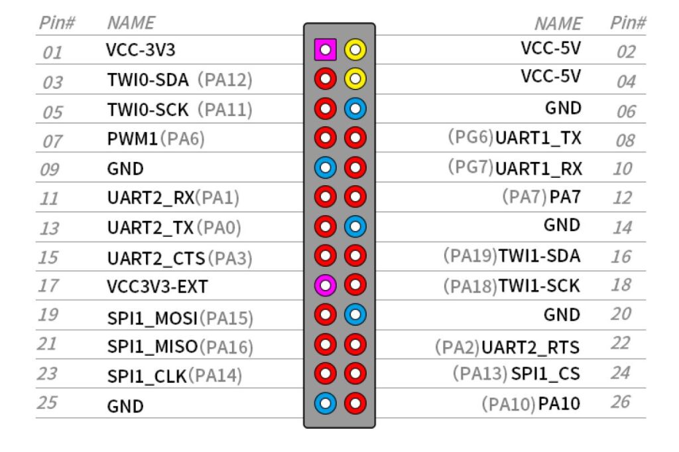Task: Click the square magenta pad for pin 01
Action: click(x=325, y=49)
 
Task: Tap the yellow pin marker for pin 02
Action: click(x=355, y=49)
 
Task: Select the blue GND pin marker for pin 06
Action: click(x=355, y=108)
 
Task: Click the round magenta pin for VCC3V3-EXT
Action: click(x=325, y=285)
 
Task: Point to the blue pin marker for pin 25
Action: click(x=325, y=403)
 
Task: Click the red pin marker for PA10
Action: click(x=355, y=403)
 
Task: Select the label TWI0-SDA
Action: click(x=148, y=80)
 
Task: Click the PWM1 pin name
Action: click(x=133, y=139)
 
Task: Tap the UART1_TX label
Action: click(x=538, y=138)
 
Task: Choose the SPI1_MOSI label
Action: click(x=153, y=319)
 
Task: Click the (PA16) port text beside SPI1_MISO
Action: click(x=225, y=346)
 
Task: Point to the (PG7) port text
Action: click(x=471, y=167)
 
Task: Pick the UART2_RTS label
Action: click(x=530, y=347)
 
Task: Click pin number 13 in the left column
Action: click(x=49, y=228)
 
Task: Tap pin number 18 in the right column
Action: click(x=621, y=285)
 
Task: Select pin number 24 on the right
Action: click(x=621, y=373)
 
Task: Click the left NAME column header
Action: click(x=131, y=23)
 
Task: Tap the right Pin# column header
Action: click(x=628, y=23)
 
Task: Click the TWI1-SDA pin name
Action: click(x=539, y=256)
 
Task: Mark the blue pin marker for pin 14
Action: click(x=355, y=226)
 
